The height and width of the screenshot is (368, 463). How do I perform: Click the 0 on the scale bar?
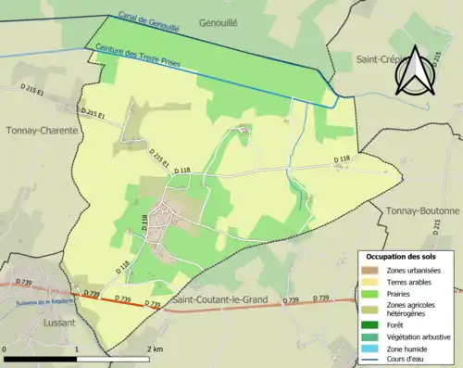(6, 349)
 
